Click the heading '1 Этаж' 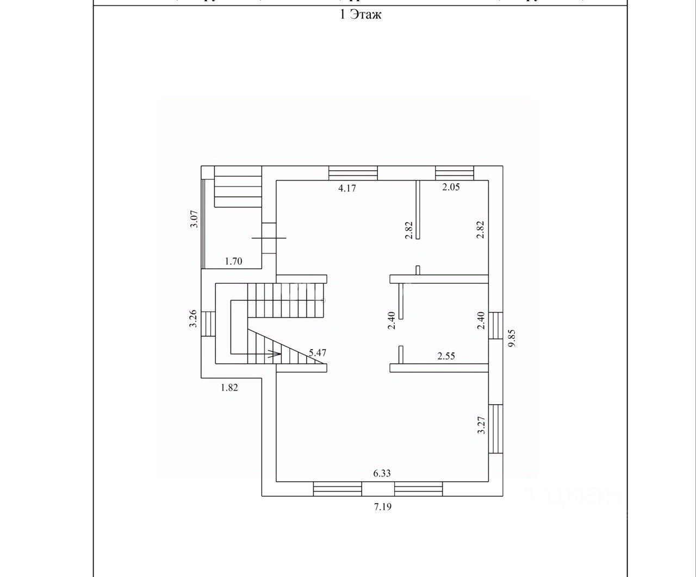[x=360, y=15]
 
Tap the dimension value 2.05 [x=451, y=188]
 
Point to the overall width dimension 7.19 [x=382, y=507]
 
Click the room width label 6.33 [x=382, y=473]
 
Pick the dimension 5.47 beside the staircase [x=317, y=352]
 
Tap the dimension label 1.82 [x=229, y=388]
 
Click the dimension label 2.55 [x=446, y=357]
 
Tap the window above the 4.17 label [x=353, y=172]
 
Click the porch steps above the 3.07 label [x=238, y=187]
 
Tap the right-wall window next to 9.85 [x=495, y=325]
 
